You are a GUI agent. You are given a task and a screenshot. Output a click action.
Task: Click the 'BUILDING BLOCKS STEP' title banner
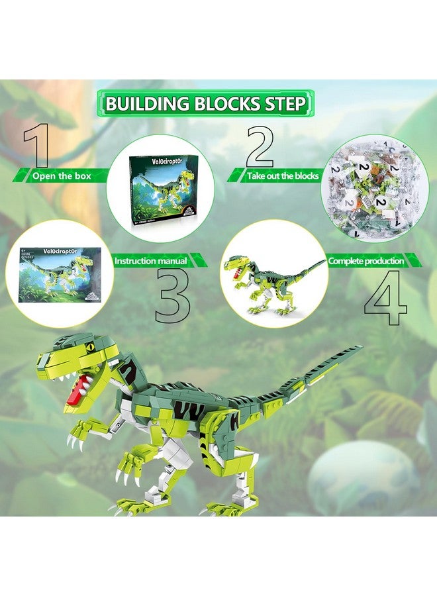pyautogui.click(x=205, y=104)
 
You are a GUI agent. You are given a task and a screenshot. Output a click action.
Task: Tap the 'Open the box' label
pyautogui.click(x=61, y=176)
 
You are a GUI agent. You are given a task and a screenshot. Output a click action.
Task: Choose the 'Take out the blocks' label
pyautogui.click(x=283, y=176)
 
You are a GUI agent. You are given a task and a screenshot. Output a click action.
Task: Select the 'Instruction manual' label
pyautogui.click(x=150, y=261)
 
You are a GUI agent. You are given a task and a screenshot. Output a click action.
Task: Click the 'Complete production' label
pyautogui.click(x=366, y=261)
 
